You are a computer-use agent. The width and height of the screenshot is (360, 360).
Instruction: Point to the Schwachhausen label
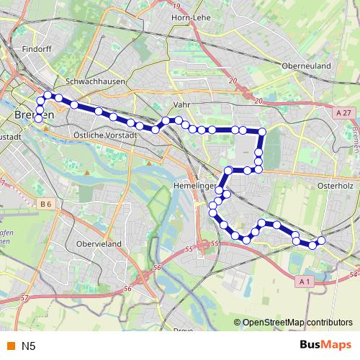coord(96,81)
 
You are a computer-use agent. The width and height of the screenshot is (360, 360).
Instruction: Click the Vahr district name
coord(181,104)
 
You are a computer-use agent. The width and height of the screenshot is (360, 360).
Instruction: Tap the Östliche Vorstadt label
coord(105,135)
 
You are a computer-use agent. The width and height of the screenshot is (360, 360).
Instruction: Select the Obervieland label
coord(98,244)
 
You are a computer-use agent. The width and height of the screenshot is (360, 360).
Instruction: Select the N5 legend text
coord(28,346)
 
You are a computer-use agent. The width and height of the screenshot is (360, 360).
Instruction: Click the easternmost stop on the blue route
coord(321,240)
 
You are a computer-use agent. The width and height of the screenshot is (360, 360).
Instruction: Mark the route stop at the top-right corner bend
coord(262,132)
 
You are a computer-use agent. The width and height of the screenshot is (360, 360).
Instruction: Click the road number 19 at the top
coord(177,6)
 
